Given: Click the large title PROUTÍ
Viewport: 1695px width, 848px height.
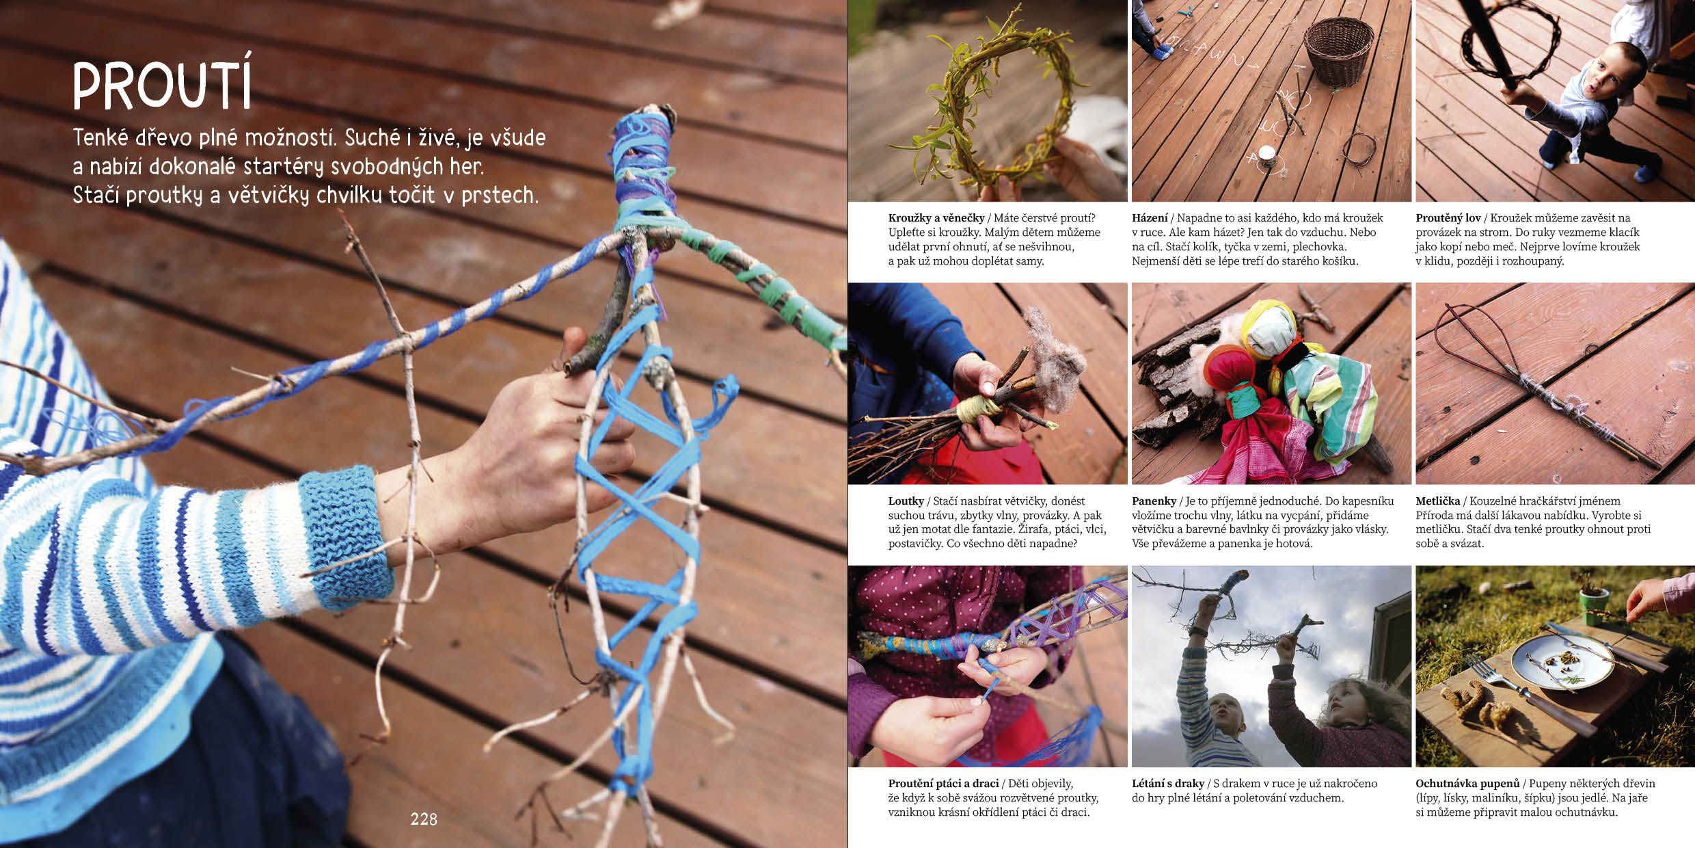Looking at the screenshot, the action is point(163,85).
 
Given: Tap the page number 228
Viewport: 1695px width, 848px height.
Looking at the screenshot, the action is point(424,819).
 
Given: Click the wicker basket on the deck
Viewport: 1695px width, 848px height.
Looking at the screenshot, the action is point(1338,52).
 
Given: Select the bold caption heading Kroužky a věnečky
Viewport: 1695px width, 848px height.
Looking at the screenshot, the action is point(936,218).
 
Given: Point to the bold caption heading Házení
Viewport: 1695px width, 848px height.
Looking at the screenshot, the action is point(1150,218).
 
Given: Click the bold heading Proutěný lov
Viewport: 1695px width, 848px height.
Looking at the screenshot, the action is point(1448,218).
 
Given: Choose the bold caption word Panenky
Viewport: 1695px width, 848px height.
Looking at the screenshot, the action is point(1154,501).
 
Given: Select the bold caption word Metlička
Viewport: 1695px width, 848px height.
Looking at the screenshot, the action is point(1438,501).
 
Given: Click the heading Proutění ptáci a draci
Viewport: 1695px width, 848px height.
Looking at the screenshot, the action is point(944,784).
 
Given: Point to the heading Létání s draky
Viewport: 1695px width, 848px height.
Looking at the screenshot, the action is point(1168,784).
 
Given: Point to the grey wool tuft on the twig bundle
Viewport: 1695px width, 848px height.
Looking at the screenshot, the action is point(1057,362).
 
